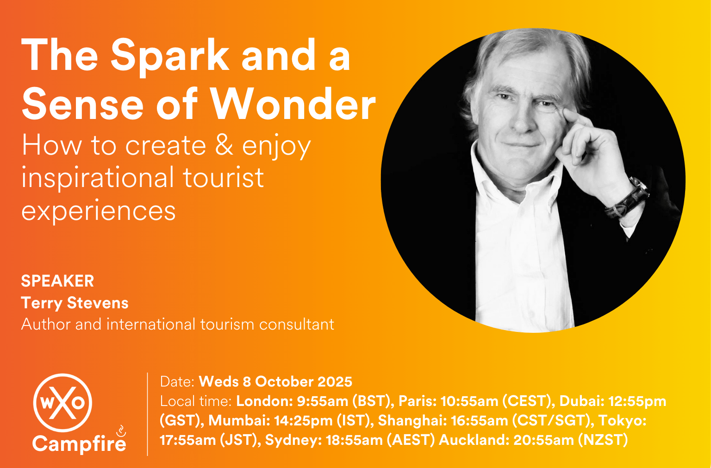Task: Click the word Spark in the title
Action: pos(170,56)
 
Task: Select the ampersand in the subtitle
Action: pos(224,145)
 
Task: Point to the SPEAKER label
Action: pos(57,281)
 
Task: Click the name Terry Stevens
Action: pos(75,303)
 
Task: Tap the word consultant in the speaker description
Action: pos(296,324)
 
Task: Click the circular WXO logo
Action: pos(62,403)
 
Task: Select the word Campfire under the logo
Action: pos(79,443)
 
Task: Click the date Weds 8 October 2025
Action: pos(275,381)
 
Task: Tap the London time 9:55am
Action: pos(323,401)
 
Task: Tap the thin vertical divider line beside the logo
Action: pos(148,414)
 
